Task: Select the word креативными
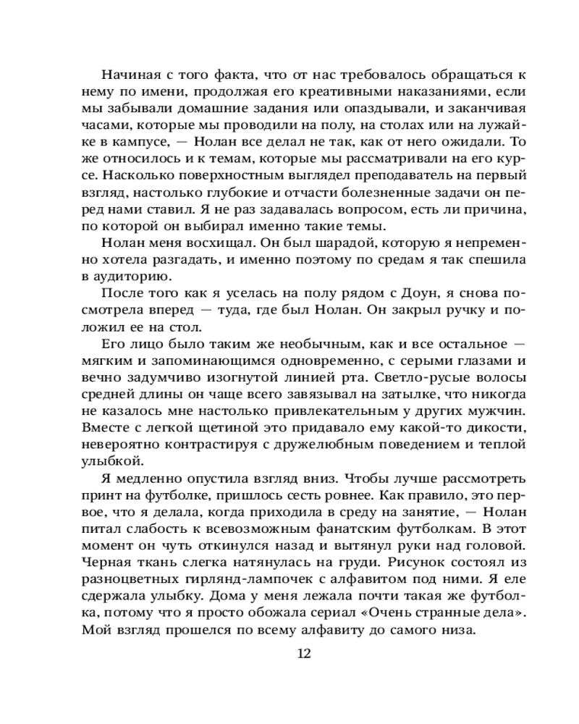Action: pos(337,93)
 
